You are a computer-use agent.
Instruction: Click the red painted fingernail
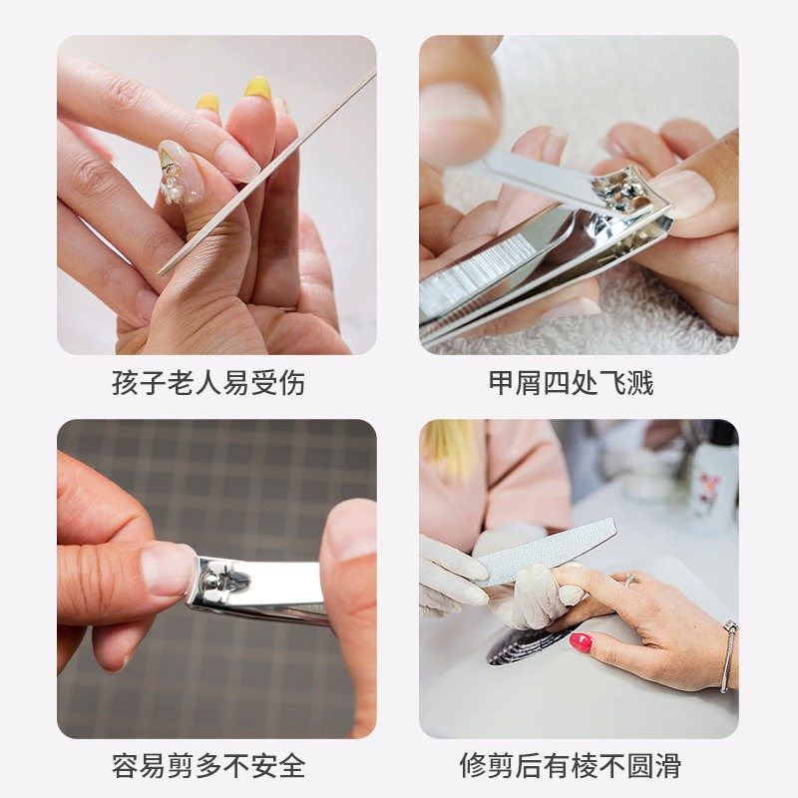point(580,642)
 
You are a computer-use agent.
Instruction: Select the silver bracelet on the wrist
point(727,653)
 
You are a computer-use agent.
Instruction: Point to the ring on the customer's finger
point(630,579)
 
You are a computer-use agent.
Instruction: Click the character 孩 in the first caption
point(125,383)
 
